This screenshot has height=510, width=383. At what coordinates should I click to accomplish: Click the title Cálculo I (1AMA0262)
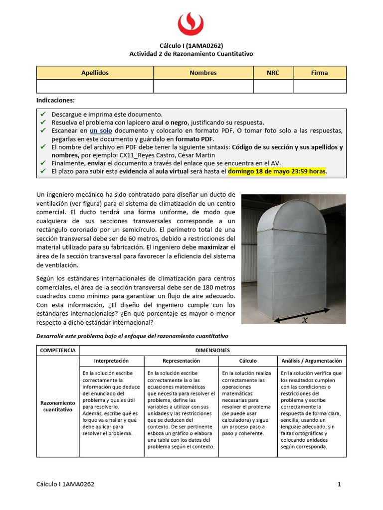coord(191,45)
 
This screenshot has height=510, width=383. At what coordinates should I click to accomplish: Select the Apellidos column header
coord(95,73)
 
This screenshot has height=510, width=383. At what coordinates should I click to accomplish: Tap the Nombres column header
coord(203,73)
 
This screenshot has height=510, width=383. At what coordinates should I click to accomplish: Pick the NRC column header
coord(273,73)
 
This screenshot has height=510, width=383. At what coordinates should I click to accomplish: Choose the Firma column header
coord(319,73)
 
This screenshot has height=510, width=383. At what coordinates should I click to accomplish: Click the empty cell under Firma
coord(319,86)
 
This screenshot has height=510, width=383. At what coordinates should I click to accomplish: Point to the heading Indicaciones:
coord(55,100)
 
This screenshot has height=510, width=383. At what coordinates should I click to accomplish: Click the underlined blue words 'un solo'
coord(101,130)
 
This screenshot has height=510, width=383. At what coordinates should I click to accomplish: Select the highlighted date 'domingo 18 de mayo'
coord(260,171)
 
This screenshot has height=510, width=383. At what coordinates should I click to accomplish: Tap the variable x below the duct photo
coord(305,320)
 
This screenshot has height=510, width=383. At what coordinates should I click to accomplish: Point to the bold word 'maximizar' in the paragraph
coord(212,247)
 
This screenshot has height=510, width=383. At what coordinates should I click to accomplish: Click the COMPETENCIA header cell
coord(57,350)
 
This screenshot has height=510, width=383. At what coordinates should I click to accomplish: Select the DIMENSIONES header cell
coord(212,350)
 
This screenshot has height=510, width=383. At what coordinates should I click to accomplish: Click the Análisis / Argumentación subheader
coord(312,361)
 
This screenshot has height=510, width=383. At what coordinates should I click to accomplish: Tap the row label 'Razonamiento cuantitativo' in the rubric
coord(57,406)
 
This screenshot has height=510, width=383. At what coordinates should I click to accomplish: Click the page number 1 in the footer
coord(339,484)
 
